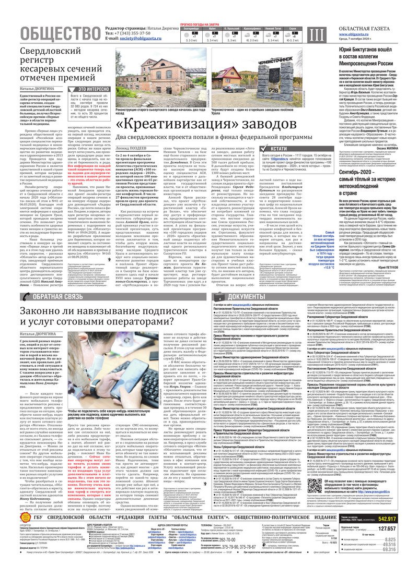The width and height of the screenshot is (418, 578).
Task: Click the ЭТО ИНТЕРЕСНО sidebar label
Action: [92, 89]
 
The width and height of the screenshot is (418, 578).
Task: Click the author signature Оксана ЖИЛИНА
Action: [396, 147]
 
